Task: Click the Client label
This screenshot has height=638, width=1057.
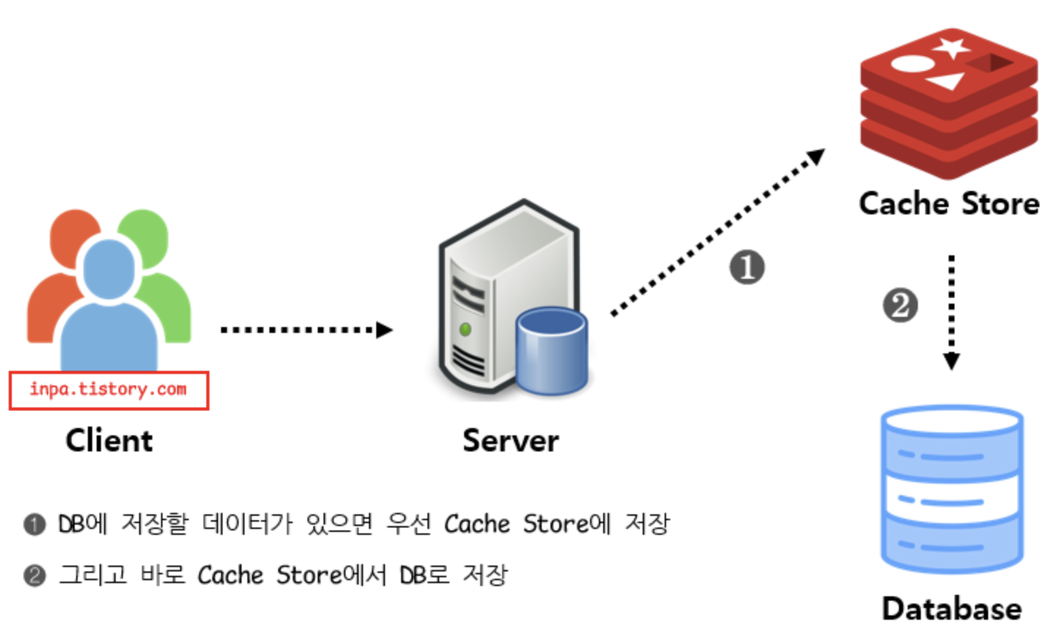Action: point(109,440)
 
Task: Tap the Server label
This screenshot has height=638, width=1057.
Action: point(510,440)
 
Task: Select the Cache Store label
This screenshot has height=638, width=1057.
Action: point(949,203)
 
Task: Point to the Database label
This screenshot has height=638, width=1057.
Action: point(952,609)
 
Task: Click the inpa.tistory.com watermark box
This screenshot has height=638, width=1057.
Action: point(108,390)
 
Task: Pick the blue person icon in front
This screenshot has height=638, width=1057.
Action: point(109,315)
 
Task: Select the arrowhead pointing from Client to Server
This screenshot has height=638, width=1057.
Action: point(384,330)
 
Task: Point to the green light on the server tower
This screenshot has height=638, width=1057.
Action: point(465,330)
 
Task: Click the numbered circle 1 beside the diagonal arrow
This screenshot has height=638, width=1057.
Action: point(747,267)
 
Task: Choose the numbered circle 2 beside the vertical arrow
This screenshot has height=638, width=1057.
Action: point(900,305)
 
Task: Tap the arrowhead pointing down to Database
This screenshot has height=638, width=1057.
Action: point(951,361)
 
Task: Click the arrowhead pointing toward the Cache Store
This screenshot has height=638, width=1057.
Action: point(816,157)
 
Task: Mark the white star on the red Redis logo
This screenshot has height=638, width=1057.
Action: point(952,48)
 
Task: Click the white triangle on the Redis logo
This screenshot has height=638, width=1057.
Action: point(946,80)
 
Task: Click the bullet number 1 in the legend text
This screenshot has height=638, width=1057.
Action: point(34,525)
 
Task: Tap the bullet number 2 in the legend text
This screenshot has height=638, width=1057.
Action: point(34,576)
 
